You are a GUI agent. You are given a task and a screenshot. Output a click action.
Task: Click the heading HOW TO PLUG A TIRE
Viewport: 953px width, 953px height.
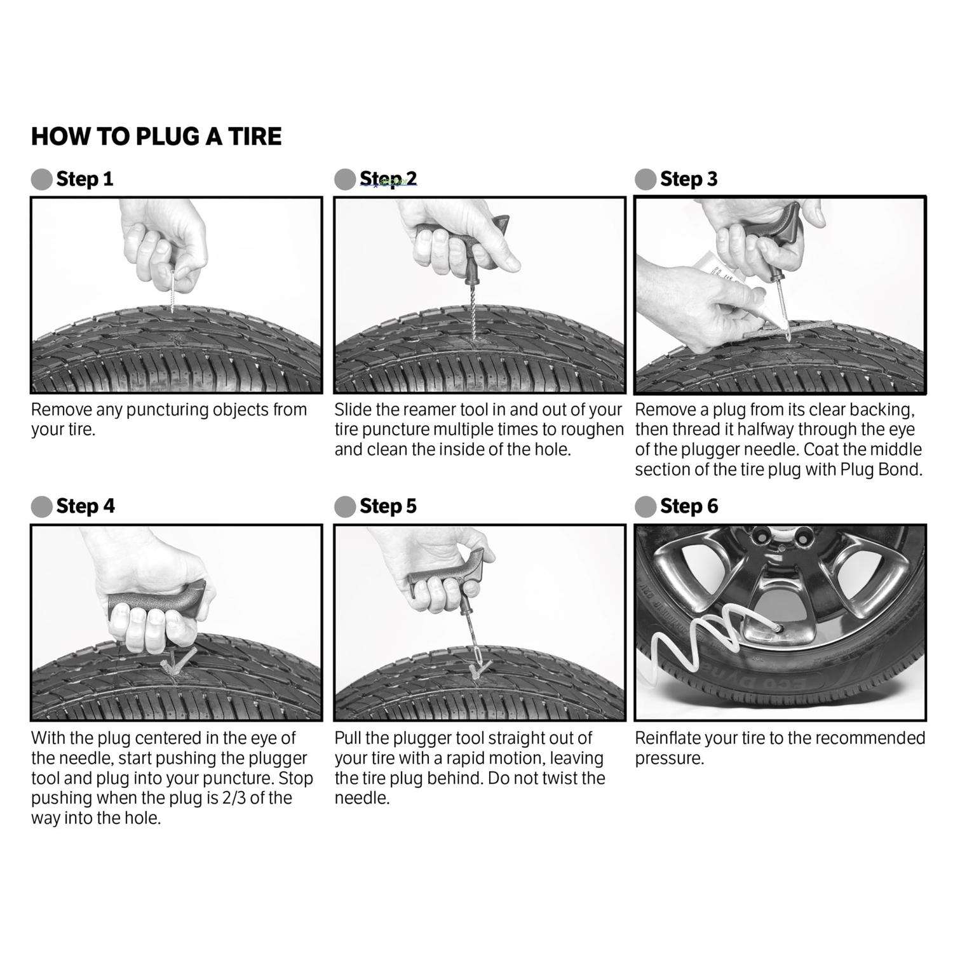coord(156,137)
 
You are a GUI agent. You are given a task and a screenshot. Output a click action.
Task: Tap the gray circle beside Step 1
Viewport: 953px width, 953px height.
coord(41,180)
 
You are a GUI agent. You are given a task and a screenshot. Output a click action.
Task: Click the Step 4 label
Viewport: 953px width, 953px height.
coord(85,506)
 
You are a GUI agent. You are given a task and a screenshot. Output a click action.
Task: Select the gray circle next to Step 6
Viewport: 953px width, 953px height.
coord(645,507)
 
